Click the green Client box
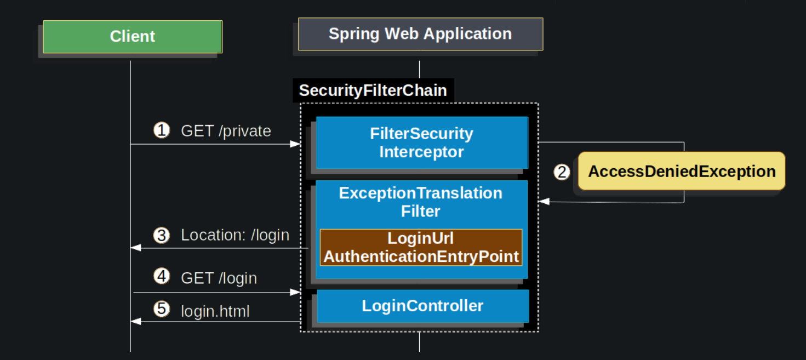coord(133,37)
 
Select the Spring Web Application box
coord(420,34)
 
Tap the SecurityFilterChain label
coord(373,90)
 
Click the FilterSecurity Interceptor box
coord(421,142)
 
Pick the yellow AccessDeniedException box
coord(682,172)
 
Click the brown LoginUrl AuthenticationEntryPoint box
coord(421,248)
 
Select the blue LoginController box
coord(422,306)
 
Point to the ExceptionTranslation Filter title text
coord(420,202)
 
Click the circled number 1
coord(162,130)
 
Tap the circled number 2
coord(562,172)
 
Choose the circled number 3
coord(162,235)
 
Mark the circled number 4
coord(162,277)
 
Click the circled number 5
coord(162,310)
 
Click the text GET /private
coord(226,132)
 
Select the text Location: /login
coord(235,235)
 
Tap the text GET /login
coord(219,278)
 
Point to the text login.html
coord(215,311)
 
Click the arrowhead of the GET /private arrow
coord(296,144)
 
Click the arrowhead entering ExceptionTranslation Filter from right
coord(544,202)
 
